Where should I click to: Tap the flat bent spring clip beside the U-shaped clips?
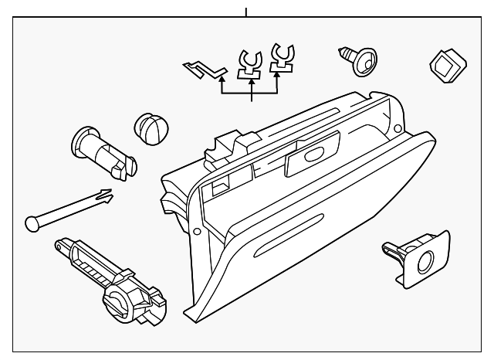tap(203, 70)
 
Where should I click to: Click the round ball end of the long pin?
tap(31, 222)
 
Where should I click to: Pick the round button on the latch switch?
tap(426, 261)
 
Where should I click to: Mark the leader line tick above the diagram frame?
tap(246, 12)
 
